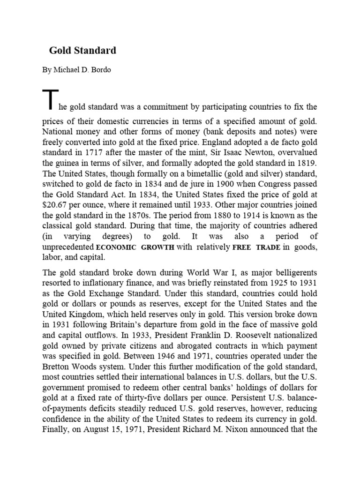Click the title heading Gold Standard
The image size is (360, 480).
[x=83, y=50]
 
